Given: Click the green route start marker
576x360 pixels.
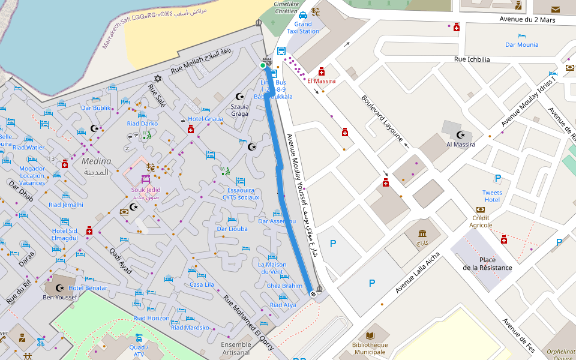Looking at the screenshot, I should (x=263, y=65).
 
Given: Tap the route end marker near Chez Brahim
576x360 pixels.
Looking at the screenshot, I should (x=313, y=293).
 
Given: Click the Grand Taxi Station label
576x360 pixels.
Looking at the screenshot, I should (x=303, y=28).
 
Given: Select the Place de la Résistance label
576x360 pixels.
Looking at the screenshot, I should (x=487, y=263).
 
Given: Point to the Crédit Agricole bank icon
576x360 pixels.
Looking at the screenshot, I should (x=480, y=209).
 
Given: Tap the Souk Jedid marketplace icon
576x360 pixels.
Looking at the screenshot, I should (x=146, y=179).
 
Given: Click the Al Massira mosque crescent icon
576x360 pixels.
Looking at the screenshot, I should (x=460, y=135).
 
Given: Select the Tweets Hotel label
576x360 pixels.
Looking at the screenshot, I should (x=492, y=196).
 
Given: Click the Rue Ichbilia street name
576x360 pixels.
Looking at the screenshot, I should (x=472, y=59).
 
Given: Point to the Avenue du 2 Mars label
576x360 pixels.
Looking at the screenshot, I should (x=527, y=20).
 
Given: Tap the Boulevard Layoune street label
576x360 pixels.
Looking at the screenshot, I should (x=382, y=118).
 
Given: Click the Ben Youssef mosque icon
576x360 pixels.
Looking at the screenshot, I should (x=59, y=288).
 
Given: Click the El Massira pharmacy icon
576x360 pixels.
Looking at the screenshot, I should (x=322, y=71).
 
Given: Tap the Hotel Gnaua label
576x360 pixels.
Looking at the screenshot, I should (x=205, y=119).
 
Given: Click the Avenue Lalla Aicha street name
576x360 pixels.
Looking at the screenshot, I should (x=418, y=272).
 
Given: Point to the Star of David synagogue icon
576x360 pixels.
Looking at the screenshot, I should (x=158, y=79).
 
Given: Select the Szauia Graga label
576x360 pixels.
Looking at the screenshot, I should (x=239, y=109).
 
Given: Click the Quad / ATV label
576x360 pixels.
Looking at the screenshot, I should (x=139, y=350).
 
